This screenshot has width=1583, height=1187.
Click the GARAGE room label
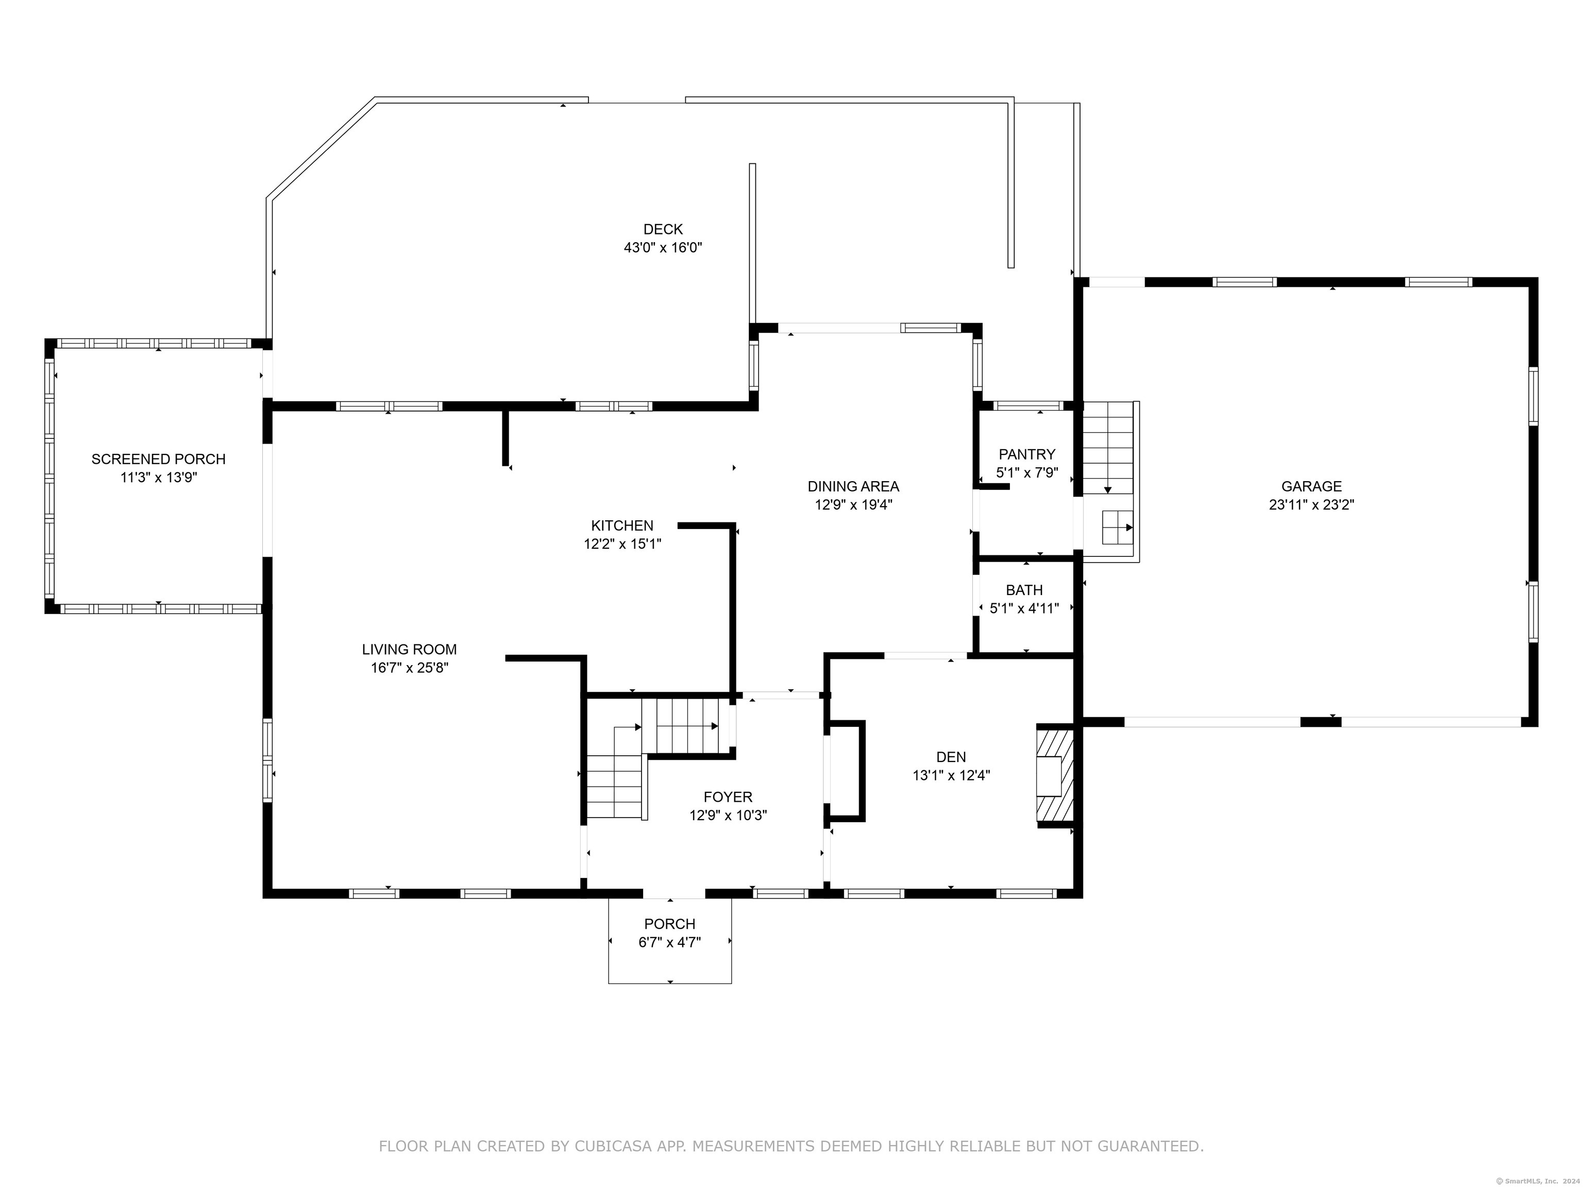pyautogui.click(x=1311, y=486)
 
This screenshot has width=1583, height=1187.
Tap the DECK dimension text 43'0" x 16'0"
pyautogui.click(x=663, y=248)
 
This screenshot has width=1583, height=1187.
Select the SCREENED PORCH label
pyautogui.click(x=158, y=460)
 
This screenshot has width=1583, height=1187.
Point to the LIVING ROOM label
pyautogui.click(x=409, y=650)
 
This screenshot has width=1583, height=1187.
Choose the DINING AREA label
pyautogui.click(x=853, y=486)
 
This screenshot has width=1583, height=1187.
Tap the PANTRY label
pyautogui.click(x=1027, y=454)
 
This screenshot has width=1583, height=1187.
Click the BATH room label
pyautogui.click(x=1024, y=590)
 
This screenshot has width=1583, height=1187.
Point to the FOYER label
pyautogui.click(x=728, y=797)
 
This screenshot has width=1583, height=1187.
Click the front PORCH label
pyautogui.click(x=670, y=924)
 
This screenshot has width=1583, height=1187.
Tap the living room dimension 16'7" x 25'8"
pyautogui.click(x=409, y=668)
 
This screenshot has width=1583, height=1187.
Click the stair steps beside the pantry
pyautogui.click(x=1108, y=447)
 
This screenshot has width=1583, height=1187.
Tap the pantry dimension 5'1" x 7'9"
pyautogui.click(x=1027, y=473)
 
